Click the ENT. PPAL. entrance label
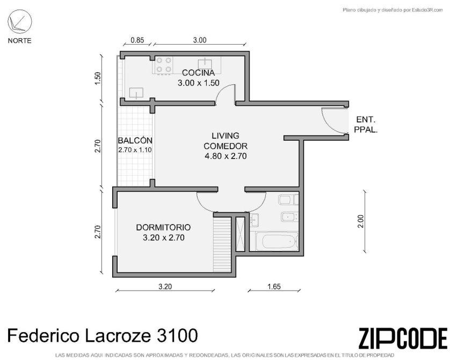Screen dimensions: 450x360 click(366, 124)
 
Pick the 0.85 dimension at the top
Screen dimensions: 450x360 click(137, 40)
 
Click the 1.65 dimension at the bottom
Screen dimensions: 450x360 click(274, 286)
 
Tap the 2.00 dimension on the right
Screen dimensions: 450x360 click(361, 221)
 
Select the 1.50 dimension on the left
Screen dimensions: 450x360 click(98, 78)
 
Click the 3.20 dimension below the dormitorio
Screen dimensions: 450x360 click(165, 286)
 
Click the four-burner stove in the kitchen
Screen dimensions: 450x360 click(164, 65)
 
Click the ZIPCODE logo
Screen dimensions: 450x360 click(403, 339)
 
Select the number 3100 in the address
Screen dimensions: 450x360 click(177, 335)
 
